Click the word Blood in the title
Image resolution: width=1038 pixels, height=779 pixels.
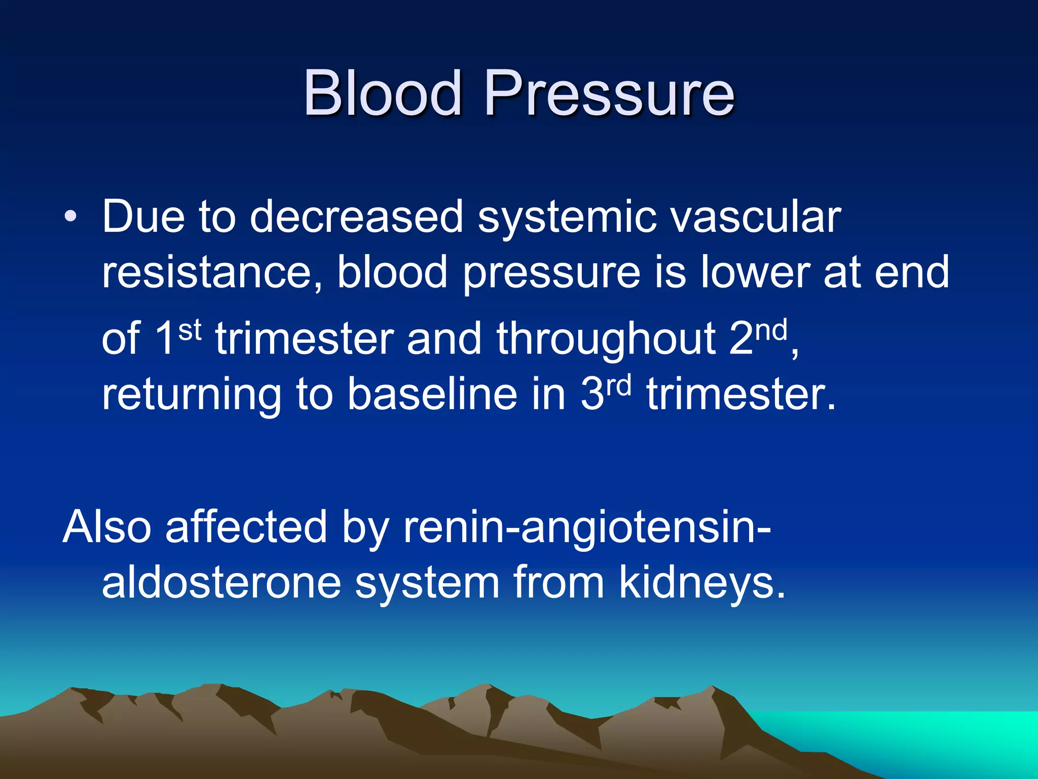coord(382,93)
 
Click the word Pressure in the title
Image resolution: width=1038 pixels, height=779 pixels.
coord(609,93)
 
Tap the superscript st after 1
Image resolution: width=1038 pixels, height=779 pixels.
coord(190,331)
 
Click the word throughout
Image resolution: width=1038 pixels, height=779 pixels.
coord(606,340)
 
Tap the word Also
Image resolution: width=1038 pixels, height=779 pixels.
coord(107,527)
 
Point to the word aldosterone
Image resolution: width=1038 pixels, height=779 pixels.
coord(221,583)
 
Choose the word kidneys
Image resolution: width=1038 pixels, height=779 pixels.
coord(702,583)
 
